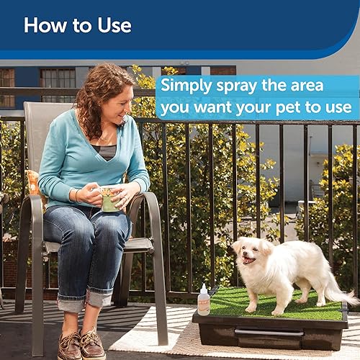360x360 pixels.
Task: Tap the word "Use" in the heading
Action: [x=112, y=25]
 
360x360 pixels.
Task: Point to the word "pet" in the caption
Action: [x=295, y=108]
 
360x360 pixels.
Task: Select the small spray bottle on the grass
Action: [x=204, y=301]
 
